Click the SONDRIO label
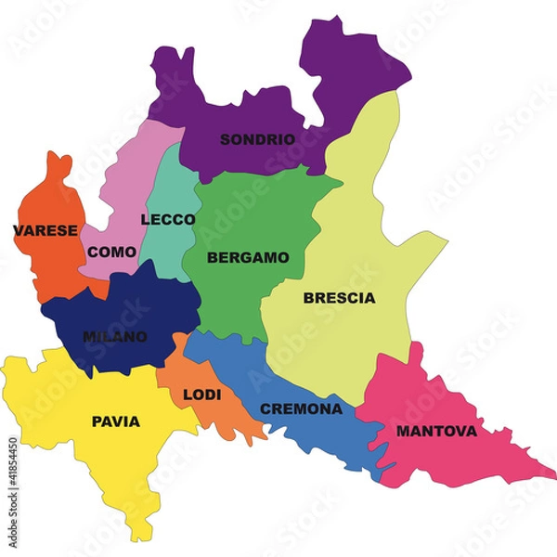(257, 139)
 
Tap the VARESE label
(45, 230)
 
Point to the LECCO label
(168, 220)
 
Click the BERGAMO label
(248, 257)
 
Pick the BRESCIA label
(339, 298)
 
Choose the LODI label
(201, 395)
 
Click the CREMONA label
(301, 408)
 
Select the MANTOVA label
(436, 431)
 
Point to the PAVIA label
(116, 421)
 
